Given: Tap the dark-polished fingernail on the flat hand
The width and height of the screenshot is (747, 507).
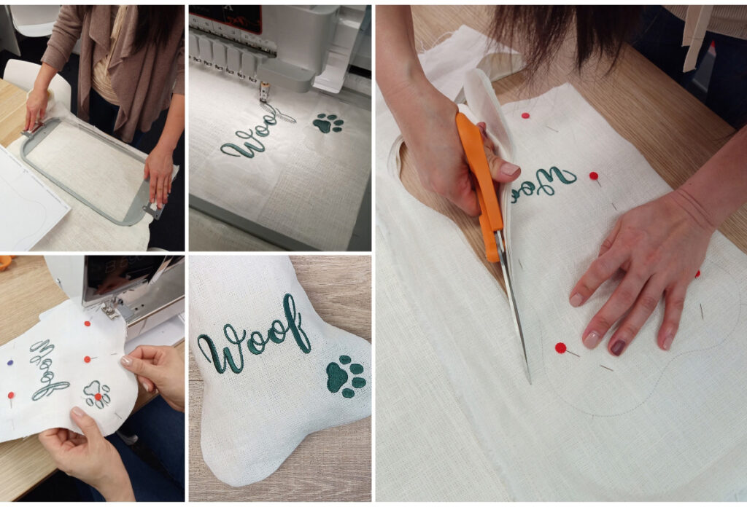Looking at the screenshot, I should click(x=618, y=347).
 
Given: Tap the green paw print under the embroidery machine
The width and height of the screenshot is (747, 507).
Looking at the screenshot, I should click(x=328, y=123).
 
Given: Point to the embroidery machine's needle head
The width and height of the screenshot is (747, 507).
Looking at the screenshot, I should click(x=264, y=90).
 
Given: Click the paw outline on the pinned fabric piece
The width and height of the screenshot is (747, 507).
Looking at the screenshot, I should click(x=97, y=393).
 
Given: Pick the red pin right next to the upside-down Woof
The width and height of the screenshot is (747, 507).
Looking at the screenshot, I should click(x=594, y=176).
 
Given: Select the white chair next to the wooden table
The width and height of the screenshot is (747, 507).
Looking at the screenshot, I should click(x=36, y=80).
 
